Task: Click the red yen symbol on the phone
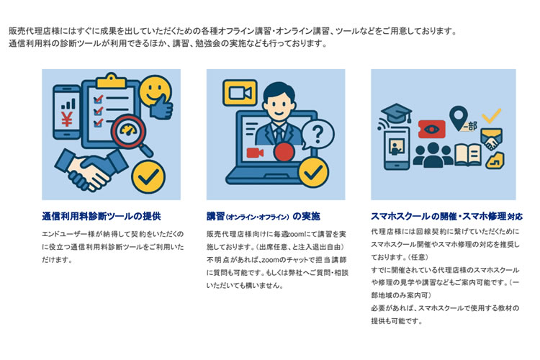coord(66,120)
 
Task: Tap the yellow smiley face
coord(155,90)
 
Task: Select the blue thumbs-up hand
coord(161,107)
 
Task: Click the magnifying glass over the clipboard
coord(132,135)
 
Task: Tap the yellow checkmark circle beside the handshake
coord(149,176)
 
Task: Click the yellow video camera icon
coord(240,93)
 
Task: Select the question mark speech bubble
coord(318,135)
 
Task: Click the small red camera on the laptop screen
coord(255,153)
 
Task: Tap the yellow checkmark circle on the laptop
coord(313,173)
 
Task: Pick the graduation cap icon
coord(397,113)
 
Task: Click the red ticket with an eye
coord(431,129)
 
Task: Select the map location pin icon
coord(459,118)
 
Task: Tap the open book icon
coord(468,155)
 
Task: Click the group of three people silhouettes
coord(433,156)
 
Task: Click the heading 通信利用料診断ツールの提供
coord(102,216)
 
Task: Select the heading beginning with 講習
coord(263,216)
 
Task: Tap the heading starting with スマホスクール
coord(446,216)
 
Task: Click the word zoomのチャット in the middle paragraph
coord(283,260)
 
